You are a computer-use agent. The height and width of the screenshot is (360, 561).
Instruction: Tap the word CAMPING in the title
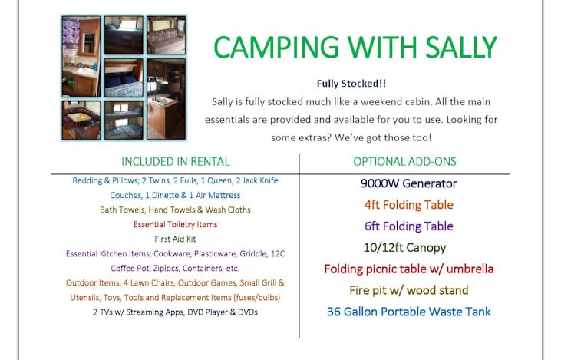tap(276, 47)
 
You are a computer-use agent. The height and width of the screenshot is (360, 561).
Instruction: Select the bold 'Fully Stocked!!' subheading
tap(351, 84)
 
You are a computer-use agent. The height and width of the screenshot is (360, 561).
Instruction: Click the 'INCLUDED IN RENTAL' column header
tap(175, 162)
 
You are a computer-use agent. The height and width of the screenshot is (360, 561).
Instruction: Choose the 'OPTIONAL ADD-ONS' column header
tap(404, 162)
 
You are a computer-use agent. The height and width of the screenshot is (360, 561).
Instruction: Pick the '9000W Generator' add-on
tap(408, 183)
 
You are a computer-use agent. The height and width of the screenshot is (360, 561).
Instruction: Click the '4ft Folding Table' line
tap(408, 205)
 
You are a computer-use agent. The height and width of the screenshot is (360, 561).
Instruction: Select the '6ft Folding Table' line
tap(408, 226)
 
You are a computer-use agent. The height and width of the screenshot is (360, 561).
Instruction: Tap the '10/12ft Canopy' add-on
tap(404, 248)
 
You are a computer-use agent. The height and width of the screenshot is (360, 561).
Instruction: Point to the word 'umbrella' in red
tap(470, 269)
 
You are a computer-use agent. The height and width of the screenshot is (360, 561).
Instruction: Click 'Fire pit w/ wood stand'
tap(408, 290)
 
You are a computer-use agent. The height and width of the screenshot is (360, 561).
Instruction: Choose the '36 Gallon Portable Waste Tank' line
tap(408, 312)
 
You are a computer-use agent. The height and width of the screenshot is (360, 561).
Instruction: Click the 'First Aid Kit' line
tap(175, 239)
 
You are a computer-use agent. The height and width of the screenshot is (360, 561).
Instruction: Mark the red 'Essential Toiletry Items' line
tap(175, 224)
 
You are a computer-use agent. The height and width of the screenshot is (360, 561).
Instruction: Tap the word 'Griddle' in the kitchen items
tap(253, 254)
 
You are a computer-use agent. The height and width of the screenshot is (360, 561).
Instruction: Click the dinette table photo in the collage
tap(81, 121)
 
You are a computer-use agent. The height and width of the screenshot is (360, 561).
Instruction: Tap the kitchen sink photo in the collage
tap(167, 99)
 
